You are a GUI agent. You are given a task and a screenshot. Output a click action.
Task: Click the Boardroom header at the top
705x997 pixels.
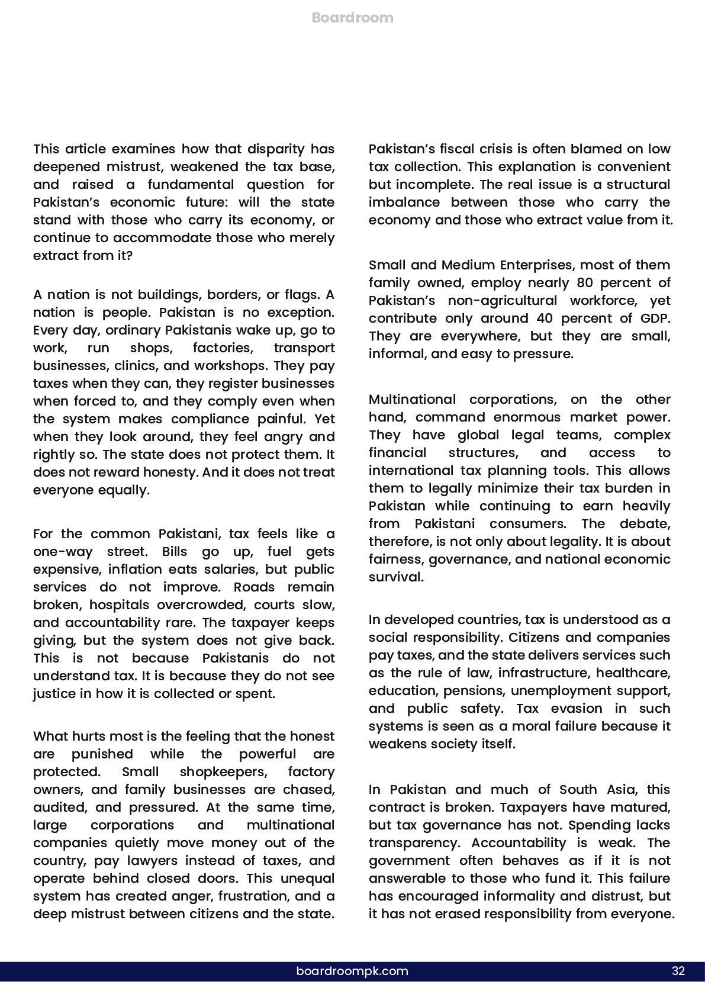[x=352, y=18]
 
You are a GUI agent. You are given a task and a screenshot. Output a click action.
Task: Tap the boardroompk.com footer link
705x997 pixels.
[x=352, y=971]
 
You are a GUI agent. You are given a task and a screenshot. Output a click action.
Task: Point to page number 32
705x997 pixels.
[x=678, y=971]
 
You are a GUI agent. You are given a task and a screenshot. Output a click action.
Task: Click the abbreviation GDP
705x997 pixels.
[x=655, y=319]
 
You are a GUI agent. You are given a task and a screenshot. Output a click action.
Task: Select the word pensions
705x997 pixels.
[x=475, y=691]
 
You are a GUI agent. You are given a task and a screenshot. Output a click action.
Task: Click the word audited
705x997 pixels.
[x=59, y=808]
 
